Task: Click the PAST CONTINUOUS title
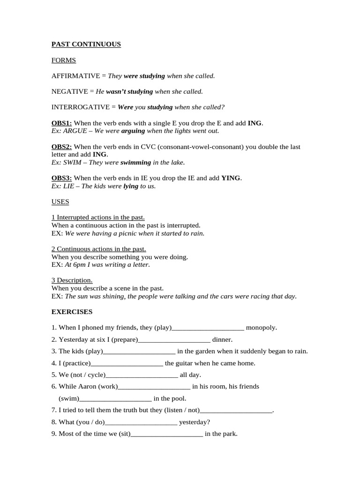[x=86, y=45]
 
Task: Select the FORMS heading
[x=63, y=60]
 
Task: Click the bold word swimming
[x=135, y=163]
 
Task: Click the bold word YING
[x=231, y=178]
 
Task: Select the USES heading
[x=60, y=202]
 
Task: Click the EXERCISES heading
[x=72, y=312]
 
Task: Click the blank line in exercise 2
[x=174, y=340]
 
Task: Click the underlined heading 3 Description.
[x=72, y=280]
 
